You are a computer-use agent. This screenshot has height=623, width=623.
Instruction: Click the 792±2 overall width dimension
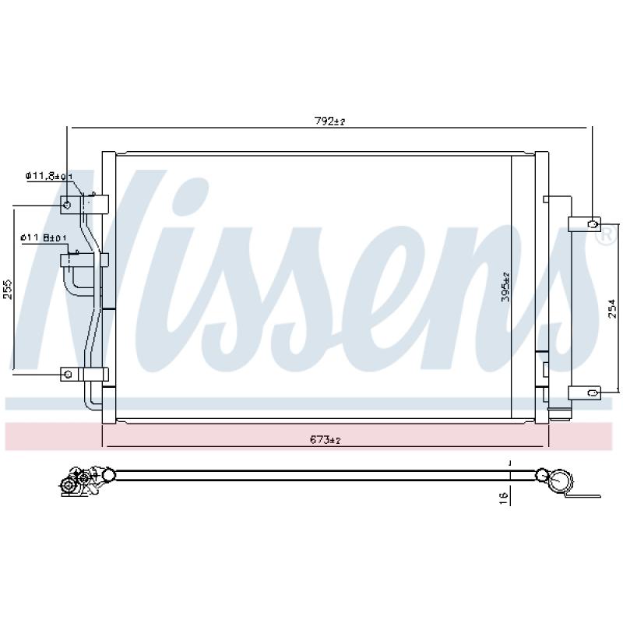[x=329, y=121]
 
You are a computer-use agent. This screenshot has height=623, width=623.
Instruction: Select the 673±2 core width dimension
[x=326, y=440]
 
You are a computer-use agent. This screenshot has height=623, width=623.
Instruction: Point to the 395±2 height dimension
[x=505, y=287]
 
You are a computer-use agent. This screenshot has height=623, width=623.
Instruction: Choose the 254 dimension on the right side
[x=612, y=309]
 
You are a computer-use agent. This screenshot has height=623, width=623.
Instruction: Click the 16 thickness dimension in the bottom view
[x=504, y=495]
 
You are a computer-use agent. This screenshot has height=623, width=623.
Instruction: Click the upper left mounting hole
[x=68, y=206]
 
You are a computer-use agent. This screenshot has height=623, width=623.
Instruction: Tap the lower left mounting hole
[x=69, y=375]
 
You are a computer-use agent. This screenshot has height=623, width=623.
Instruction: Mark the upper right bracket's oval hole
[x=593, y=224]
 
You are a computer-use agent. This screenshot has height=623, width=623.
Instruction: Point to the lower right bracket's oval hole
[x=593, y=392]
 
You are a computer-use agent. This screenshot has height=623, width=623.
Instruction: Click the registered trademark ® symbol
[x=604, y=239]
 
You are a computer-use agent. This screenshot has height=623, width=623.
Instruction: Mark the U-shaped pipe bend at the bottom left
[x=89, y=397]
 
